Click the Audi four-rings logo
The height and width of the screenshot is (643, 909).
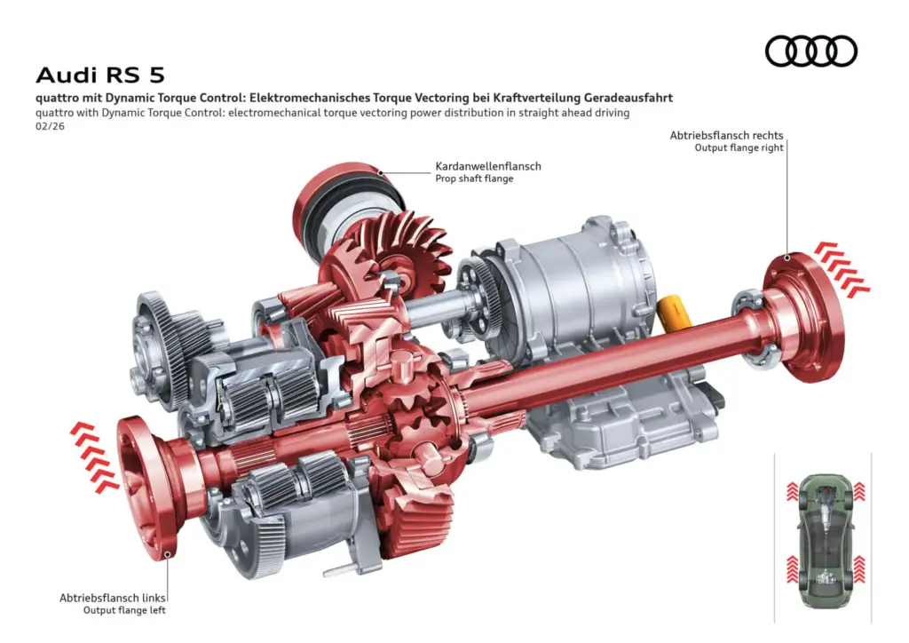[x=810, y=52]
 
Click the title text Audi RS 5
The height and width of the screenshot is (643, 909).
[x=99, y=75]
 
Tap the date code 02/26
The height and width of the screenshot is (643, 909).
[x=51, y=126]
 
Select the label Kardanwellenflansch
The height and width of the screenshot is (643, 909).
[x=487, y=166]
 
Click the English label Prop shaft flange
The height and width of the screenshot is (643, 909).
[x=474, y=179]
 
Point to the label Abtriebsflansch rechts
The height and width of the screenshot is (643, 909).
[x=726, y=135]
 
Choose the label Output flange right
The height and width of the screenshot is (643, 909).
[x=739, y=147]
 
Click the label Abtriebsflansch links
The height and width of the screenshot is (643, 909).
[x=113, y=598]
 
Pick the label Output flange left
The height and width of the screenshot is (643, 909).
[x=124, y=610]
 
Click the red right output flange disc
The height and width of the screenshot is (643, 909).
[x=806, y=315]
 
